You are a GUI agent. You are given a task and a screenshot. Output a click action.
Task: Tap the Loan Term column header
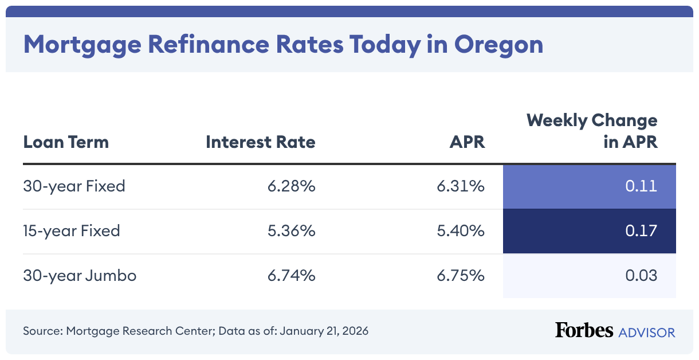pyautogui.click(x=66, y=142)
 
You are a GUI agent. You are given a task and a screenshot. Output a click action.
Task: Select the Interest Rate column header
pyautogui.click(x=260, y=142)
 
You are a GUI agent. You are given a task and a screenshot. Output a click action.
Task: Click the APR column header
pyautogui.click(x=467, y=142)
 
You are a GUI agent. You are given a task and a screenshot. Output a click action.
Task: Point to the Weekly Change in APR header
pyautogui.click(x=592, y=131)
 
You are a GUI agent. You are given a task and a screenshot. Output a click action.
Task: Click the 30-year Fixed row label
pyautogui.click(x=74, y=186)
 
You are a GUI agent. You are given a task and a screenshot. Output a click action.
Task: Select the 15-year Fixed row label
pyautogui.click(x=72, y=231)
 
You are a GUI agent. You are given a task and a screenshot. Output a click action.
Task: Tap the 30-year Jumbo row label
pyautogui.click(x=80, y=276)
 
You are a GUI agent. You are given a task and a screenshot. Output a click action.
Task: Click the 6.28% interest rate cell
pyautogui.click(x=291, y=186)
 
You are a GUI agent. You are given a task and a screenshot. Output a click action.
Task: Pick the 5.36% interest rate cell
pyautogui.click(x=291, y=231)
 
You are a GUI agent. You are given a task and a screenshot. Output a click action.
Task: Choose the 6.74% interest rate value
pyautogui.click(x=291, y=276)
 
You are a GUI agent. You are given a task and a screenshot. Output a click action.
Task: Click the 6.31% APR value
pyautogui.click(x=461, y=186)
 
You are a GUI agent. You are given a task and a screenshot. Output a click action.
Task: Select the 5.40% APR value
pyautogui.click(x=460, y=231)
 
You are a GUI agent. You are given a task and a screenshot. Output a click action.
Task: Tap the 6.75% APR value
pyautogui.click(x=460, y=276)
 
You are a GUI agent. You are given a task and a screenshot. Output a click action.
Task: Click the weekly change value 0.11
pyautogui.click(x=641, y=186)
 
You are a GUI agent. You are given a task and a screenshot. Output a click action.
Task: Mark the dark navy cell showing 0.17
pyautogui.click(x=589, y=231)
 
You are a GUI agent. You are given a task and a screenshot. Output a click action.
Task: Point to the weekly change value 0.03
pyautogui.click(x=641, y=276)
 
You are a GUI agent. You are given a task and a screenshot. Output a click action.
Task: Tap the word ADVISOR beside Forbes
pyautogui.click(x=646, y=332)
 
